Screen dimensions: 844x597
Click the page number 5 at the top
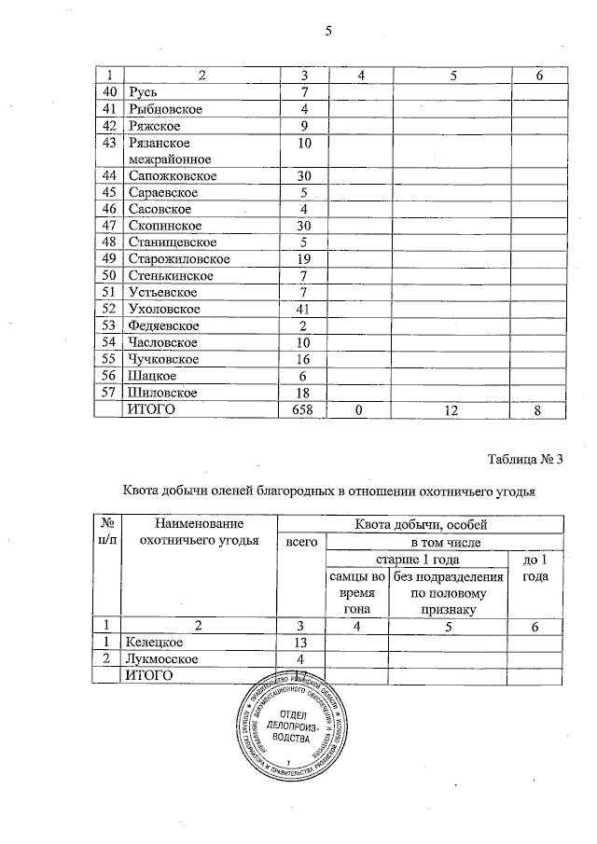327,33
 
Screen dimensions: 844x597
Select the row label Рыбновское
165,109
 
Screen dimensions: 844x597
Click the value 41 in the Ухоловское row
303,309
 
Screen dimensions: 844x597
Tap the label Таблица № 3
525,458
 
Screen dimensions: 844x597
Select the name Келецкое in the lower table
155,643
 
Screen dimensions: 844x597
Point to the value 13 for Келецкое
300,643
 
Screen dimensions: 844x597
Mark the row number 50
110,275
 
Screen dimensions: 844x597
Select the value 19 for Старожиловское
303,258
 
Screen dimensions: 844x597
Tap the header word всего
301,542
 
